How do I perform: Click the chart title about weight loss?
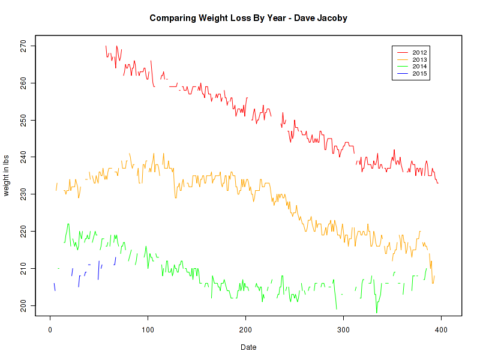(248, 18)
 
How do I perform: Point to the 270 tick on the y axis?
(23, 46)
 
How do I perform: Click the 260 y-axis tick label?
(23, 83)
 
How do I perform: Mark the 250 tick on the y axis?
(23, 120)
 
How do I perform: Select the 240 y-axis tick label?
(23, 157)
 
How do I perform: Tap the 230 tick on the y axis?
(23, 194)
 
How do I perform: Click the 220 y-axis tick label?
(23, 232)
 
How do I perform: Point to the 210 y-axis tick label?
(23, 269)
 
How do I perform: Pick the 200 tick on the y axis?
(23, 306)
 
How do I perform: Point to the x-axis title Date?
(248, 347)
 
